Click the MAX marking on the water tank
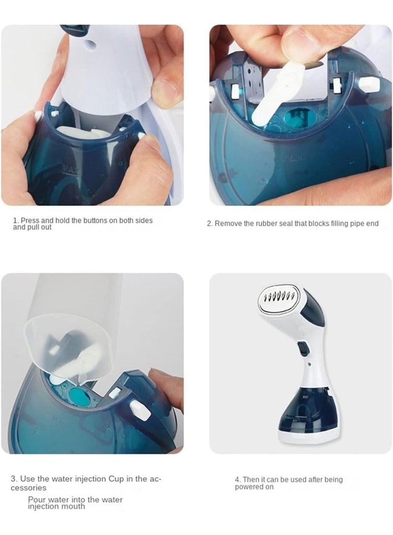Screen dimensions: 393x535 point(71,169)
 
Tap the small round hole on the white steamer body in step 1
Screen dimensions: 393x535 point(90,44)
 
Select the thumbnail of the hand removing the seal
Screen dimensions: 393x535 point(300,115)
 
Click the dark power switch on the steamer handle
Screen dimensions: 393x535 point(303,349)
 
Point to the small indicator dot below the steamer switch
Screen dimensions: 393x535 point(309,364)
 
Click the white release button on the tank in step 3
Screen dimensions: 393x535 point(140,410)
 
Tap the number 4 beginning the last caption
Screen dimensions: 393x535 point(237,480)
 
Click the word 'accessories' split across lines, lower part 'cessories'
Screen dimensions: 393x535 point(28,488)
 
